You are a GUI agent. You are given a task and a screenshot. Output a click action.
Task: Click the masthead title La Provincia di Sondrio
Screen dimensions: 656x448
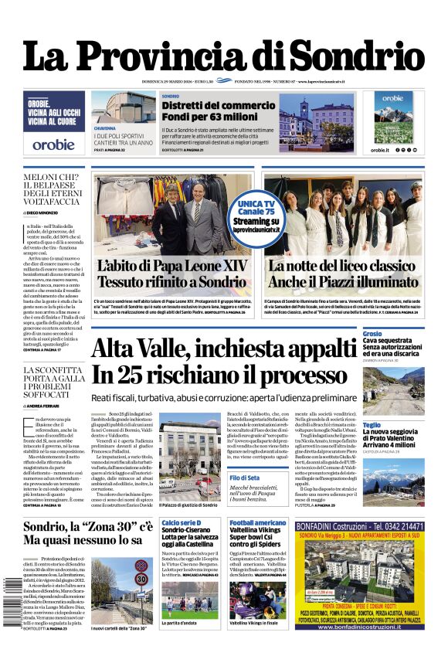pos(224,56)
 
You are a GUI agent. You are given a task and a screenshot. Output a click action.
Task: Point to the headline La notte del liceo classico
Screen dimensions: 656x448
pos(342,266)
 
